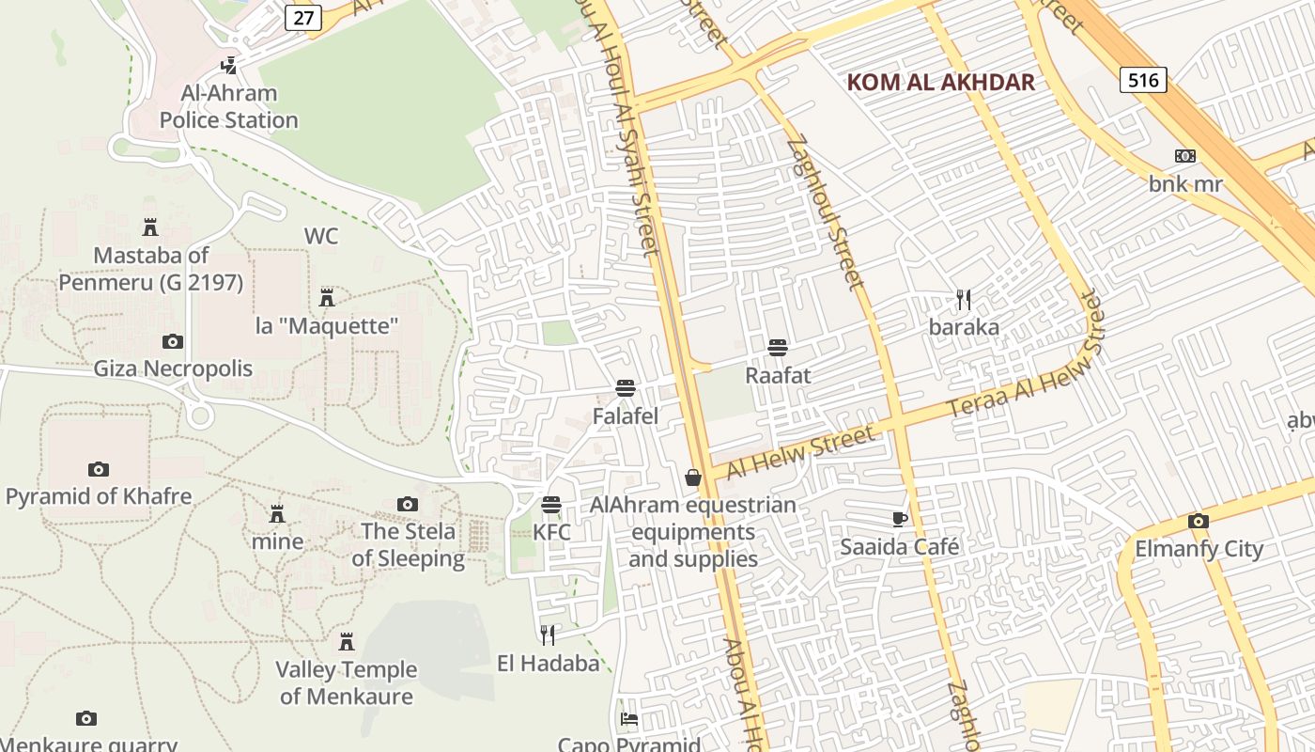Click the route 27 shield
(x=303, y=17)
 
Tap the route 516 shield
(x=1143, y=80)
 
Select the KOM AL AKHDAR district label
(x=940, y=82)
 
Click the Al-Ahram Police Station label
(x=228, y=106)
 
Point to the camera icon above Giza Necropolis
(x=172, y=341)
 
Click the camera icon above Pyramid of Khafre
(x=98, y=469)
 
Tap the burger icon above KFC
(x=551, y=505)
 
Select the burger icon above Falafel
(x=626, y=388)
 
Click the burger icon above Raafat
(x=777, y=348)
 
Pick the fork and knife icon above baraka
(x=963, y=300)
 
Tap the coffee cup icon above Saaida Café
(x=899, y=519)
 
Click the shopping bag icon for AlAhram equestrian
(x=693, y=478)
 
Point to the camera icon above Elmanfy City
(x=1198, y=521)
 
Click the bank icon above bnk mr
(x=1185, y=156)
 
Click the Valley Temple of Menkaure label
(x=347, y=682)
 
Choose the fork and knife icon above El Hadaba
(x=548, y=635)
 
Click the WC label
(x=320, y=236)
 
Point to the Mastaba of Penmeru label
(x=151, y=268)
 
